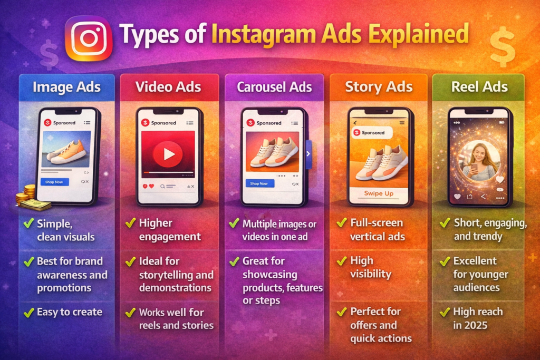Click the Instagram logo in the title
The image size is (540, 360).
[x=88, y=38]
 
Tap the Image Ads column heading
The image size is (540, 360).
[x=66, y=87]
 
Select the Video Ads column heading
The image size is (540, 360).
[x=168, y=87]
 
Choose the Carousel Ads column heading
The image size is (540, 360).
[x=274, y=87]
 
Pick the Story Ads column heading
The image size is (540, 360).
[x=379, y=87]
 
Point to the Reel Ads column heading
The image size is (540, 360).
[x=479, y=87]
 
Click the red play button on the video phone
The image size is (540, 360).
[x=168, y=154]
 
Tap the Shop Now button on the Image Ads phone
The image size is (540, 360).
[x=54, y=182]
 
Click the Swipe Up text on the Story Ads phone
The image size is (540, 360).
[x=379, y=193]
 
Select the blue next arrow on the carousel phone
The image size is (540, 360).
[x=308, y=154]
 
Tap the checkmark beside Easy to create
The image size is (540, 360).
[x=29, y=313]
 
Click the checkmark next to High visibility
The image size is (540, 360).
[x=341, y=261]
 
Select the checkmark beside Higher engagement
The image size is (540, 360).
[x=130, y=223]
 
